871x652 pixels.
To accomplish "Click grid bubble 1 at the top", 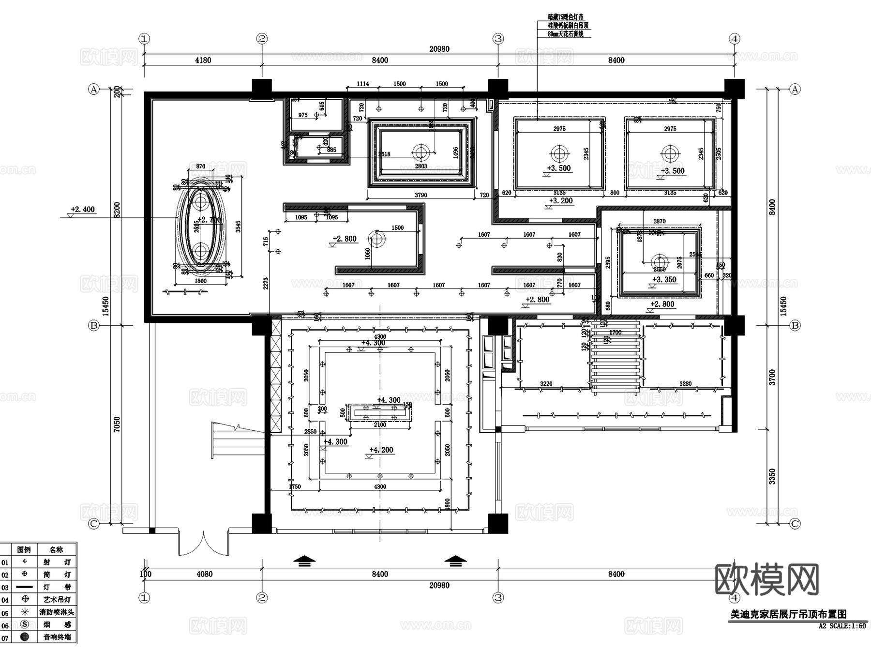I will click(144, 39).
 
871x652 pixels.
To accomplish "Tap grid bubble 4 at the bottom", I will click(735, 598).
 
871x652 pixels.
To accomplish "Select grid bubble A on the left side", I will click(93, 89).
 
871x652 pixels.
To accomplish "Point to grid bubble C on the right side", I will click(795, 524).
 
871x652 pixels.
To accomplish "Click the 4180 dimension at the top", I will click(203, 61).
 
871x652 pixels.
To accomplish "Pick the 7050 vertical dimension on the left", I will click(117, 425).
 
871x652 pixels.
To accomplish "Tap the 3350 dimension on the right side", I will click(772, 476).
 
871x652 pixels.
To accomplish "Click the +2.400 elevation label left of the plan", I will click(83, 210).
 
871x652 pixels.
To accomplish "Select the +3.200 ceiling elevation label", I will click(560, 201).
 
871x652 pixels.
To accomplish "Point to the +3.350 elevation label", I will click(664, 280).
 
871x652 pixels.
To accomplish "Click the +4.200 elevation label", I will click(381, 450).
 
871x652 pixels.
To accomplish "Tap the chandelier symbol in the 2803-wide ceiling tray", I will click(420, 152).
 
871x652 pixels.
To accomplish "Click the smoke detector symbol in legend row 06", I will click(25, 624).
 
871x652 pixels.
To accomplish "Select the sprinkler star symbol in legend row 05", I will click(25, 612).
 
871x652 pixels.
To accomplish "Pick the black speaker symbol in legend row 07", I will click(25, 637).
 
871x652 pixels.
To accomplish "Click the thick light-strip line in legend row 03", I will click(25, 587).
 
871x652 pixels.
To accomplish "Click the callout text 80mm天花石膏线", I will click(565, 34).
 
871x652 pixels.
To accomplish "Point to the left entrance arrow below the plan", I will click(304, 561).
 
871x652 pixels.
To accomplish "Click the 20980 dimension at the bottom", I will click(439, 586).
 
